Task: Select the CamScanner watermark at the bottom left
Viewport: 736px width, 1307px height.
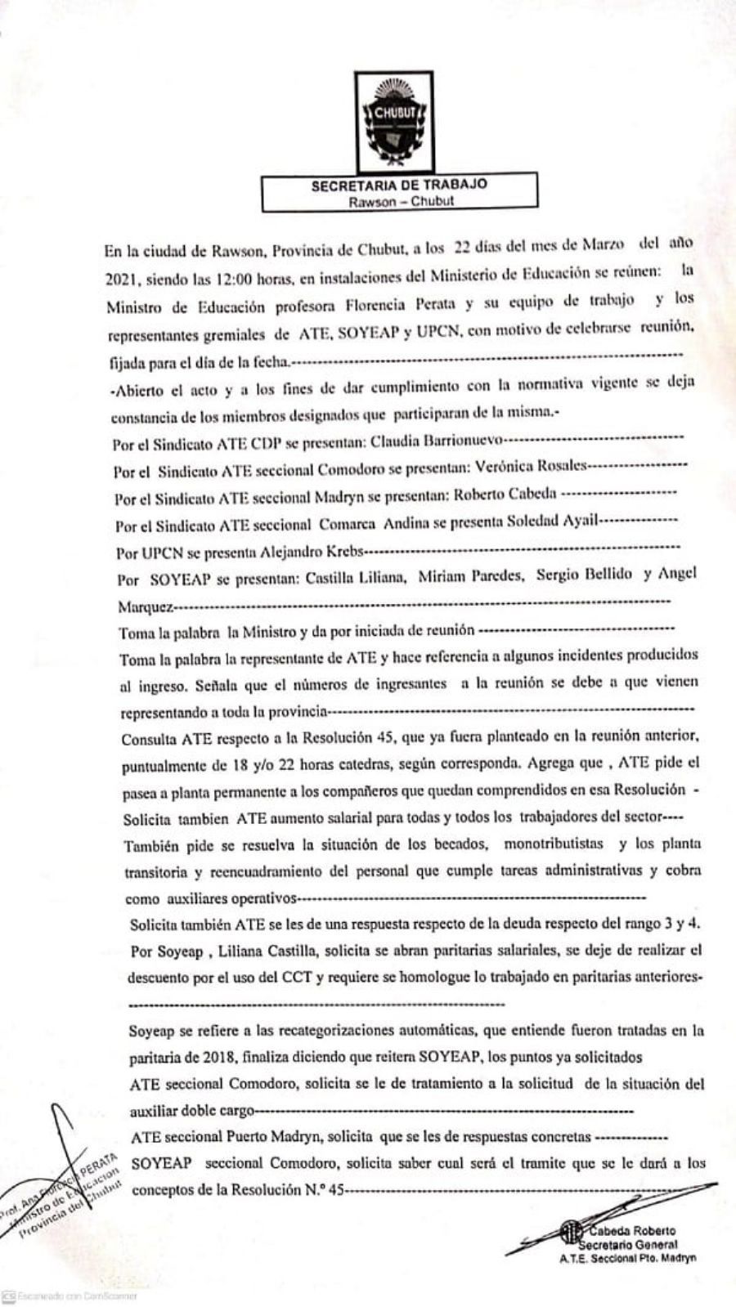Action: (x=70, y=1296)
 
